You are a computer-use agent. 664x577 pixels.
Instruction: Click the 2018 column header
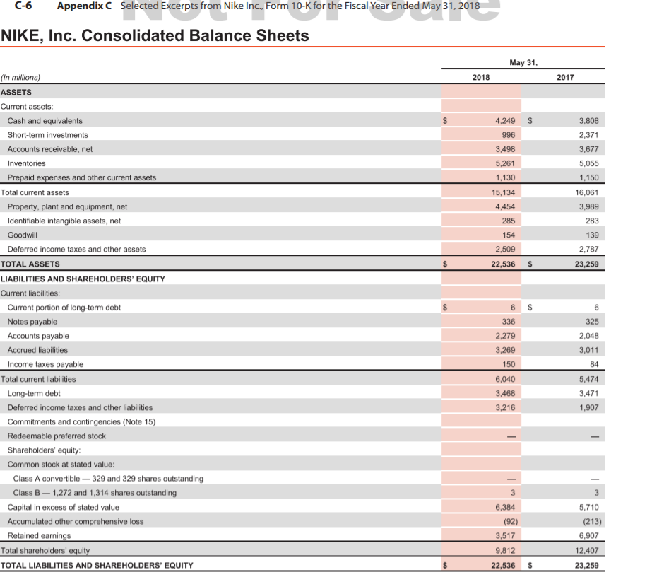481,77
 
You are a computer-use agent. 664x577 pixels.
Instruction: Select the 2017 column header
565,77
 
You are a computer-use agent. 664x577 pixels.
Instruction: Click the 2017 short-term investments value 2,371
588,135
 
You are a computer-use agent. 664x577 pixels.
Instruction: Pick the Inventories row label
26,163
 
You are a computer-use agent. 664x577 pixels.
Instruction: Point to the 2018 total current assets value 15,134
502,192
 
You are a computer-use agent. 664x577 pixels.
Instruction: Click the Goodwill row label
22,235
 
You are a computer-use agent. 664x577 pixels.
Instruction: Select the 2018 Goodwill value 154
508,235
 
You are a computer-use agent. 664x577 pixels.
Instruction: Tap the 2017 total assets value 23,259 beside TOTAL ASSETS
586,264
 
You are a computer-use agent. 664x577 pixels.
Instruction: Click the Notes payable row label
32,322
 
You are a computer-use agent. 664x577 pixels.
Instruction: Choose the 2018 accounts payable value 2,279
504,336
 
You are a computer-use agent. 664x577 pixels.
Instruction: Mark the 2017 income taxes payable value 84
593,364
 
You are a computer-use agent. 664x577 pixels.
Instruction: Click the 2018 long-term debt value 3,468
504,393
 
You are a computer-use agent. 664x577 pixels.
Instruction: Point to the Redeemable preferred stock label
57,436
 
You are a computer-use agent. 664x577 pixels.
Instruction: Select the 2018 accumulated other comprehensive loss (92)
506,522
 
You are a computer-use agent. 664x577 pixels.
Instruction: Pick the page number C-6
24,6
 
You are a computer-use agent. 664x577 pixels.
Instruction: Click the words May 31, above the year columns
523,62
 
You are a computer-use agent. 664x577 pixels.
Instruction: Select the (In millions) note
20,78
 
